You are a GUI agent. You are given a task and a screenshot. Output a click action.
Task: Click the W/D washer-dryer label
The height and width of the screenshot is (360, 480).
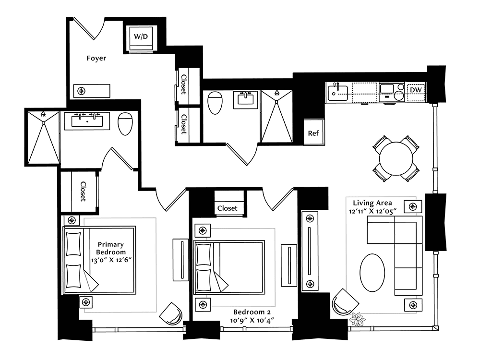[141, 37]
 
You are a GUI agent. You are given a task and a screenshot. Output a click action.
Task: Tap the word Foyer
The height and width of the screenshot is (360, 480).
[96, 58]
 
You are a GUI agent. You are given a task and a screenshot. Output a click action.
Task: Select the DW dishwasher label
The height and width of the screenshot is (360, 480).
[416, 90]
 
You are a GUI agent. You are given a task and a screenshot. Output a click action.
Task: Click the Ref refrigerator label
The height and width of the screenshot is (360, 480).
[313, 133]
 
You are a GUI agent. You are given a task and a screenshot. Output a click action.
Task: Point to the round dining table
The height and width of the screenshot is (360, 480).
[396, 158]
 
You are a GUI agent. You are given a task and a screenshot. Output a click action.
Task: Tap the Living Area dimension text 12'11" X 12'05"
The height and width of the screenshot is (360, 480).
[372, 211]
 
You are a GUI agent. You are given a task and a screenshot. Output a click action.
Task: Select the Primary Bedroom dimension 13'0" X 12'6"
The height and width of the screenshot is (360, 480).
[111, 260]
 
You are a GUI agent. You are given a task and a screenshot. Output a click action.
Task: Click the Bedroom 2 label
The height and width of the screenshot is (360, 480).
[252, 312]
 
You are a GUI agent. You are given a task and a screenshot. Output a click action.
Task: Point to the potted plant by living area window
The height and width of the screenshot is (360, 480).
[357, 319]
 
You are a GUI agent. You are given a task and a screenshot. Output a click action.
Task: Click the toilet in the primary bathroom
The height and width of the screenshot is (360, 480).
[125, 124]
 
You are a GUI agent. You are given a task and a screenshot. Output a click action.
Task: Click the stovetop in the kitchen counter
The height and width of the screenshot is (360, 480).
[392, 92]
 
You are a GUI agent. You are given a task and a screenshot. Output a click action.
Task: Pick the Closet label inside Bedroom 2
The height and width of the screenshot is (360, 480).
[227, 208]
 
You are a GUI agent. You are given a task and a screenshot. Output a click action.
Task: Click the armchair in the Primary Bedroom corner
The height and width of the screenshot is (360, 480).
[171, 314]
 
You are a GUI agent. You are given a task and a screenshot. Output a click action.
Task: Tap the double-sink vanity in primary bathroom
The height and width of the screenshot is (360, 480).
[87, 121]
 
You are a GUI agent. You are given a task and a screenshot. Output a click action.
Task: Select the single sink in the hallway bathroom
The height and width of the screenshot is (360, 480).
[245, 99]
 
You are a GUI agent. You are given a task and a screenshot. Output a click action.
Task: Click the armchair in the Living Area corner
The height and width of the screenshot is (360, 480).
[345, 302]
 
